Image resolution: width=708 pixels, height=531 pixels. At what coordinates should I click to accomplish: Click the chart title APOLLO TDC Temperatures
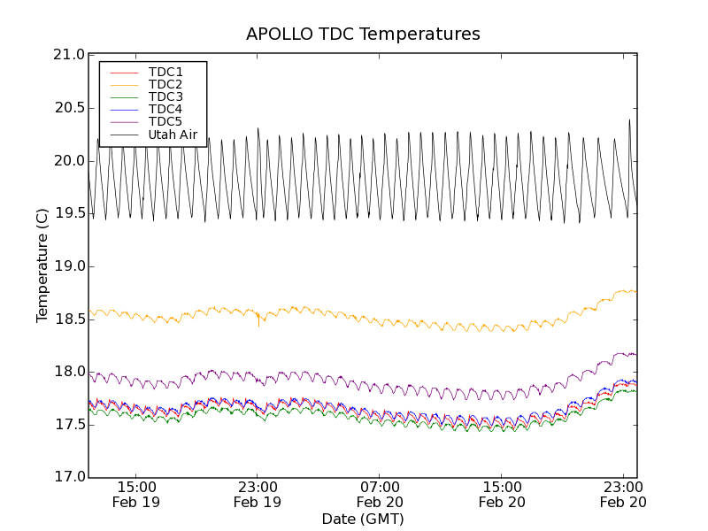363,35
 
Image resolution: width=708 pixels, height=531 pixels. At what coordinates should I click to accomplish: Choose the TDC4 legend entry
165,110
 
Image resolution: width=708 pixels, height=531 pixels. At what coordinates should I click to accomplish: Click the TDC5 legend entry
165,122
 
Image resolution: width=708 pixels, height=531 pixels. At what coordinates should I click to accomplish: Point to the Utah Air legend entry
173,135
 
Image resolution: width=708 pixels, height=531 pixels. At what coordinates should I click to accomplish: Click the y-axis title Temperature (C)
42,265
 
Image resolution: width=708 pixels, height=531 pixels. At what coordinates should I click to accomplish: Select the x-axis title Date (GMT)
363,519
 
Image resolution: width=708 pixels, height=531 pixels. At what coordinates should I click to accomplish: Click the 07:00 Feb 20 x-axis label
381,494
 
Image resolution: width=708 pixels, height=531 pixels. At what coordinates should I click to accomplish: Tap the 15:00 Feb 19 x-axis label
137,494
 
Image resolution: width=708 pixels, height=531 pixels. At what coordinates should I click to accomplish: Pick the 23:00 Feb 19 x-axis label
258,494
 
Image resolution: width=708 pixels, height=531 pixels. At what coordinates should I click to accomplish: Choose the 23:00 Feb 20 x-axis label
624,494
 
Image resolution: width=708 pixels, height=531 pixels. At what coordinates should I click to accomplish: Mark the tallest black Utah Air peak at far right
629,120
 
